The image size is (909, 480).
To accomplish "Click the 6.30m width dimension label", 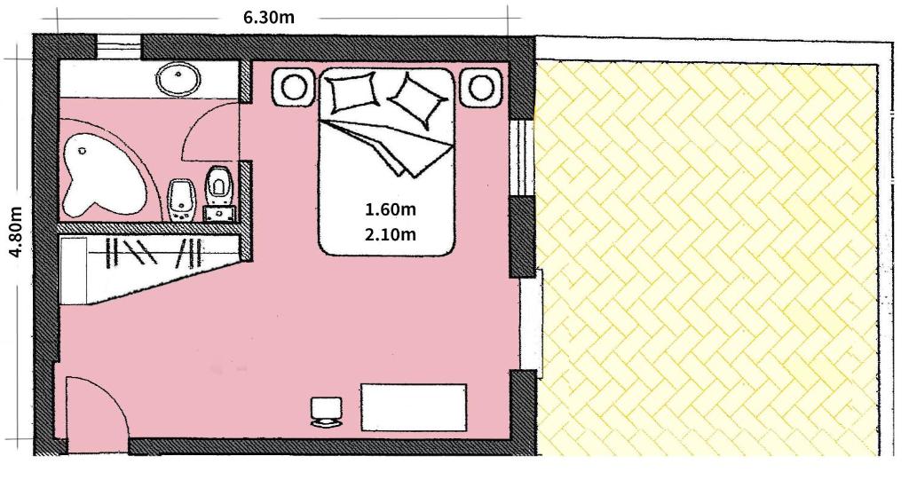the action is [268, 17].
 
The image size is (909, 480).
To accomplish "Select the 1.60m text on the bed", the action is [391, 209].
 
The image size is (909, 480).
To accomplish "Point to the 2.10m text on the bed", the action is [391, 233].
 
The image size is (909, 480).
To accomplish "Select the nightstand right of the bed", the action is [480, 87].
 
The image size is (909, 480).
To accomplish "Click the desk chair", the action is [327, 413].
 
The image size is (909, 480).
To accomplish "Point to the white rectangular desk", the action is [414, 407].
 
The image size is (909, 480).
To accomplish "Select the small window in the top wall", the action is [119, 46].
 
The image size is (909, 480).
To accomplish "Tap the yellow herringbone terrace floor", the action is [707, 255].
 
